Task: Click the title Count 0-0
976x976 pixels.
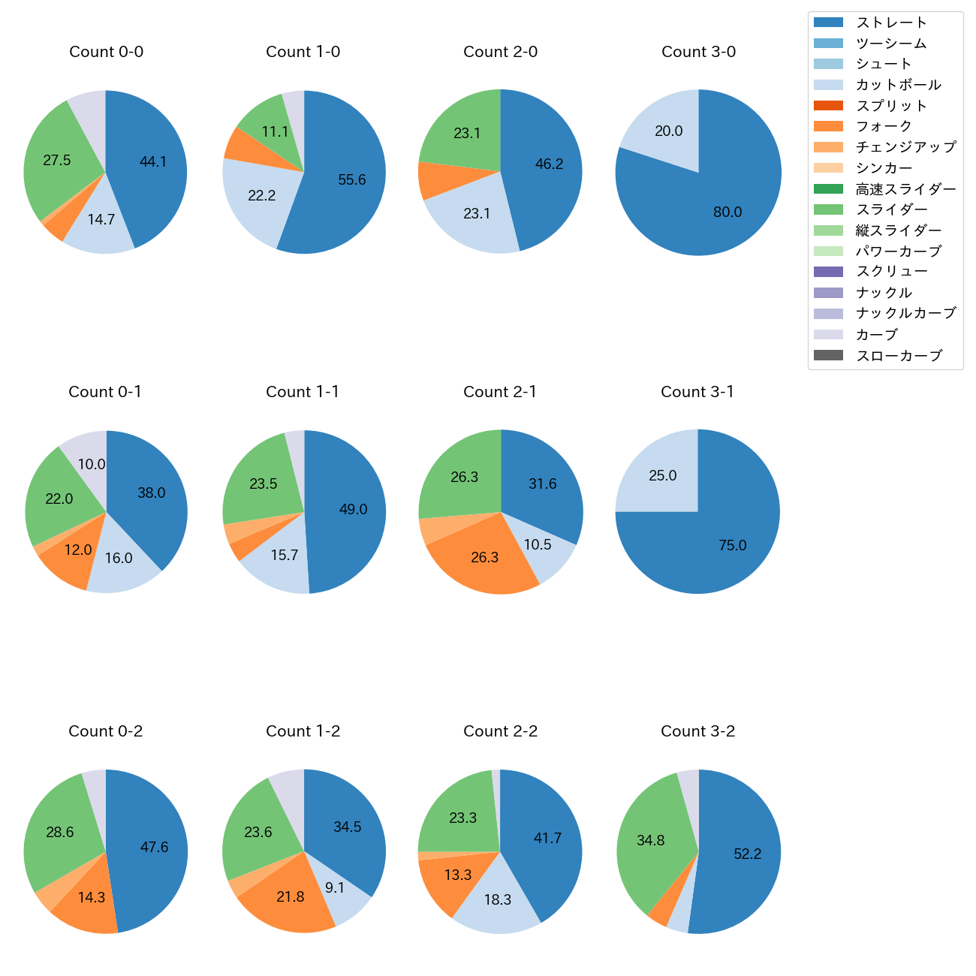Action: point(106,52)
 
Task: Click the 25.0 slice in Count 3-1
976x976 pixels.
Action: point(662,476)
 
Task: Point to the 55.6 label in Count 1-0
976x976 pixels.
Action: point(352,180)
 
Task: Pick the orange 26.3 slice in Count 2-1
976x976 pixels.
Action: point(485,557)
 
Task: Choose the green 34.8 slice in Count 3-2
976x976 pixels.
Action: point(650,840)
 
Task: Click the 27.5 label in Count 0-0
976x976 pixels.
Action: point(57,160)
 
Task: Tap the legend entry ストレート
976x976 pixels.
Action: point(891,23)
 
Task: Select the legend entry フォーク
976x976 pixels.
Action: point(884,126)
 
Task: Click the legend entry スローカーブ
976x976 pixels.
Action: point(899,356)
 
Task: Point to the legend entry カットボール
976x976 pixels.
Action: point(898,85)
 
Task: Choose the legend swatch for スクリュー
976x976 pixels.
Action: point(828,272)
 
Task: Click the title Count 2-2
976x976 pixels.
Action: point(500,731)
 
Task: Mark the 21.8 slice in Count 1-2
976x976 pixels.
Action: point(291,896)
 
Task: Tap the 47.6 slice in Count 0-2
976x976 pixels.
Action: point(154,847)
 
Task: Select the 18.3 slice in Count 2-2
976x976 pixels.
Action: point(497,899)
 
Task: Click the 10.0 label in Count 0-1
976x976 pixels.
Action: point(92,464)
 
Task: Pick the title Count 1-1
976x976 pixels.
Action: point(303,392)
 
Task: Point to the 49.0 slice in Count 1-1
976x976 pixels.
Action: point(353,509)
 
